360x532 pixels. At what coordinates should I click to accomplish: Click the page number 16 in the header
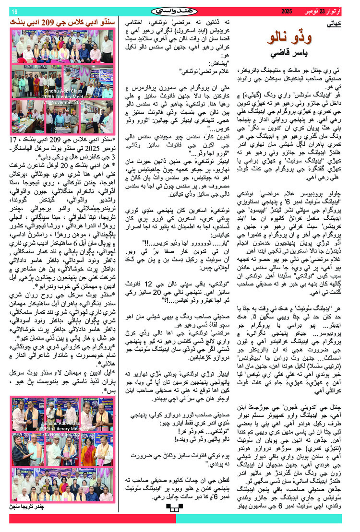coord(14,11)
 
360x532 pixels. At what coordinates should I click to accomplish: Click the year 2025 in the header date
coord(287,11)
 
